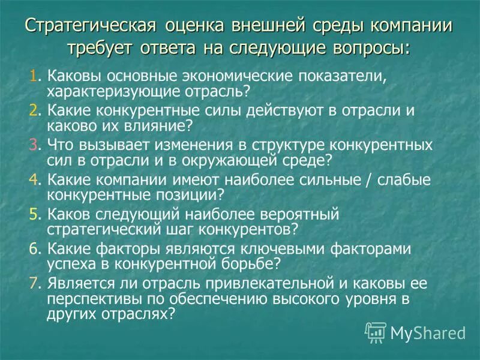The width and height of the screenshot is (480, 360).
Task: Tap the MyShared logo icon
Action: tap(376, 331)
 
